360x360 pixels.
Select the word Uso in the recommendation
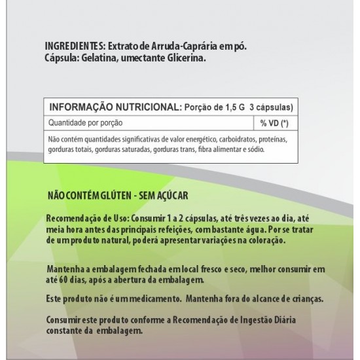click(114, 217)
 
